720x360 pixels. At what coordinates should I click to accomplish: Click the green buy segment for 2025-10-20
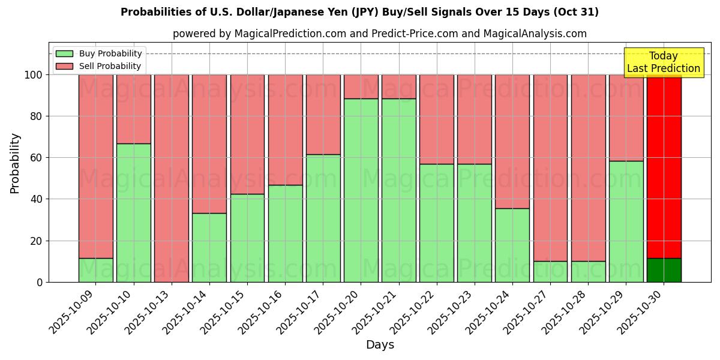pos(361,190)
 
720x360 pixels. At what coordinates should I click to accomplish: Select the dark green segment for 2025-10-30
pos(664,270)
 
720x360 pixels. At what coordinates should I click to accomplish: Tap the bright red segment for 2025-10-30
pos(664,166)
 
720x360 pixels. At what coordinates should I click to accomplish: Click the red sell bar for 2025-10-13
pos(172,178)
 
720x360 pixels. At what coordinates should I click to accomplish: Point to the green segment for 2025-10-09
pos(96,270)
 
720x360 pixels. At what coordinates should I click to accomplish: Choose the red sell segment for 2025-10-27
pos(550,168)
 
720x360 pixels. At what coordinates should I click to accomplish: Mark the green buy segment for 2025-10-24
pos(512,245)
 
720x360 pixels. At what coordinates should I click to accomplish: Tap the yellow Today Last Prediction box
pos(663,62)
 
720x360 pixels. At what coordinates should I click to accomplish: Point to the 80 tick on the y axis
pos(37,116)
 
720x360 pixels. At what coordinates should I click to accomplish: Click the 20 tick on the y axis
pos(37,241)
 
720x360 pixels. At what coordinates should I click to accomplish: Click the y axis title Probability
pos(15,163)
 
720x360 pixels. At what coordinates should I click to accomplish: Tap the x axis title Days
pos(380,345)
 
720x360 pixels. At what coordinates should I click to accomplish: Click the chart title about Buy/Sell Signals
pos(359,12)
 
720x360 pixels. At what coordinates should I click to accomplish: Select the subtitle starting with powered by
pos(379,34)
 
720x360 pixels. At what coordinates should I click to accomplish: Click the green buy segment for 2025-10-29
pos(626,221)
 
